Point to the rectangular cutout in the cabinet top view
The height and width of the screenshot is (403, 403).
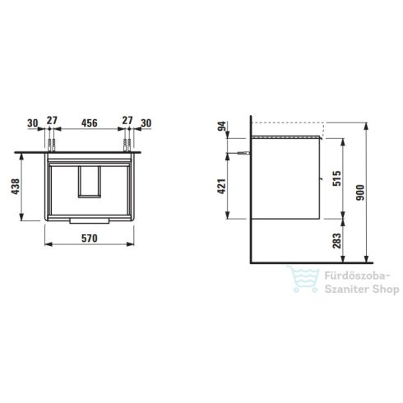click(87, 182)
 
